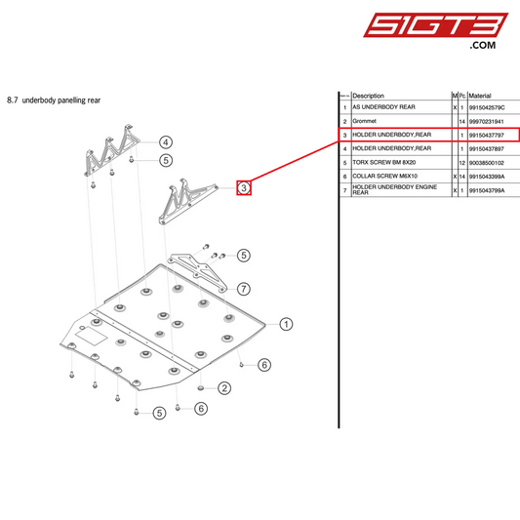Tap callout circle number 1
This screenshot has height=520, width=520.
tap(286, 325)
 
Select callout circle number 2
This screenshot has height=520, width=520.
tap(223, 388)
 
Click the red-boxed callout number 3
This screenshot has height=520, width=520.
tap(244, 187)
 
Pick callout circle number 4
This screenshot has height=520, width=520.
tap(166, 142)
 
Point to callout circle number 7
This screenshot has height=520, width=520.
tap(244, 289)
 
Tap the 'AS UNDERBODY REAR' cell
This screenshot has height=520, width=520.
tap(384, 107)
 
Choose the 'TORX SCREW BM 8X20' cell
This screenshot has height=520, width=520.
tap(386, 162)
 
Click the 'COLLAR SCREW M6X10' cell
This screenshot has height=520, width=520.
tap(387, 176)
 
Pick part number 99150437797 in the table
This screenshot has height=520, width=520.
tap(490, 135)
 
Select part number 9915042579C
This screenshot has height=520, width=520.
tap(490, 107)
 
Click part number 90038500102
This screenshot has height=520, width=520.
tap(490, 162)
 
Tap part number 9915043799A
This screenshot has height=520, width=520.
tap(490, 190)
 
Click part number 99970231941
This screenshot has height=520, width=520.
tap(490, 121)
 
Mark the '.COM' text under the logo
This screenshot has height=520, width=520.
tap(483, 45)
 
